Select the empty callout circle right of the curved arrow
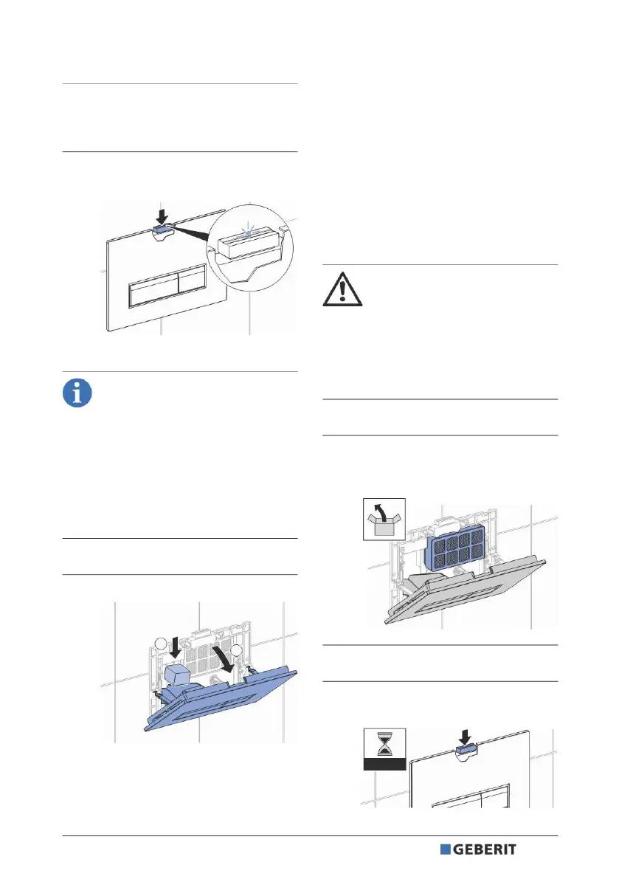pyautogui.click(x=237, y=649)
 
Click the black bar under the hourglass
pyautogui.click(x=385, y=765)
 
